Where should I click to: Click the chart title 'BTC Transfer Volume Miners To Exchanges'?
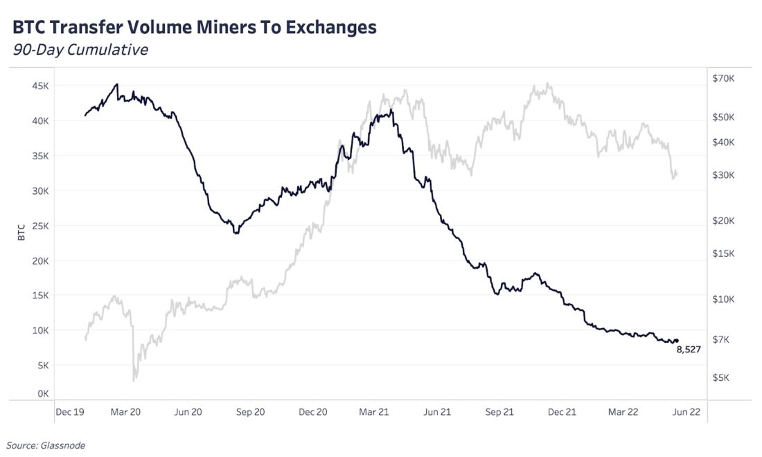pyautogui.click(x=195, y=27)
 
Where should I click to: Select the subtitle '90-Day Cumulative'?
pyautogui.click(x=80, y=50)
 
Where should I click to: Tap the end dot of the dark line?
pyautogui.click(x=677, y=341)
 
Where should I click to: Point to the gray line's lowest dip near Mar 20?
pyautogui.click(x=134, y=379)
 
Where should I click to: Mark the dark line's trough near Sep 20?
pyautogui.click(x=236, y=233)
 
